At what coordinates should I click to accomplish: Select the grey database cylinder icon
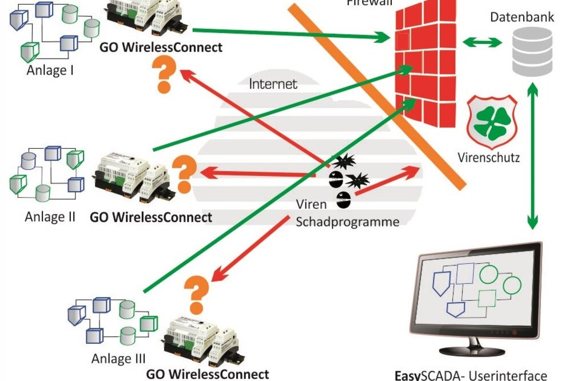[x=532, y=51]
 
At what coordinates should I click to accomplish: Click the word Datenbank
[x=522, y=17]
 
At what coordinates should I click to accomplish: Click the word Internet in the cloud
[x=273, y=84]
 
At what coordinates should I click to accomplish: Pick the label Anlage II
[x=50, y=217]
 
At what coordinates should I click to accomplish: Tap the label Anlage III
[x=118, y=359]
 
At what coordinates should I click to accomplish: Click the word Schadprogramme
[x=347, y=222]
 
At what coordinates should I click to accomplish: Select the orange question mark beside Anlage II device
[x=184, y=173]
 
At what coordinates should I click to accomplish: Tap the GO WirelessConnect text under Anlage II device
[x=151, y=217]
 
